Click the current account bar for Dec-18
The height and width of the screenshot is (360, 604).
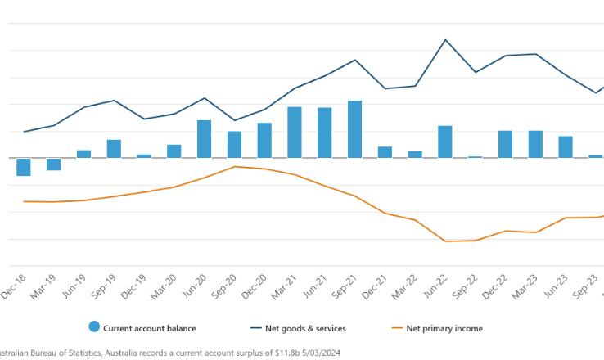24,167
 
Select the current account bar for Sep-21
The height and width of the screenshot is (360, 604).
355,129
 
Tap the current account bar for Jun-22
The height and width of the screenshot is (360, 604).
445,142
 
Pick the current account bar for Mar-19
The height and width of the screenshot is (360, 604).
54,164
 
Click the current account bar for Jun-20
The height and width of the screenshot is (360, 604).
204,139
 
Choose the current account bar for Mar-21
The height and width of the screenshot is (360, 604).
295,133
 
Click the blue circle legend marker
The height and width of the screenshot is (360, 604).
94,328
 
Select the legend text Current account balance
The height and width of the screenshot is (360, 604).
150,329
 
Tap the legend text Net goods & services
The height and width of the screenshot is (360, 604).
305,329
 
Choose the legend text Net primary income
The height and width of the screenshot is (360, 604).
444,329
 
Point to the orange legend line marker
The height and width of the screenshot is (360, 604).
398,329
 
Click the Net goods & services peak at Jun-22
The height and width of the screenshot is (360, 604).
445,39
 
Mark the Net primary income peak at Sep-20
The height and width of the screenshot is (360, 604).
234,166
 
